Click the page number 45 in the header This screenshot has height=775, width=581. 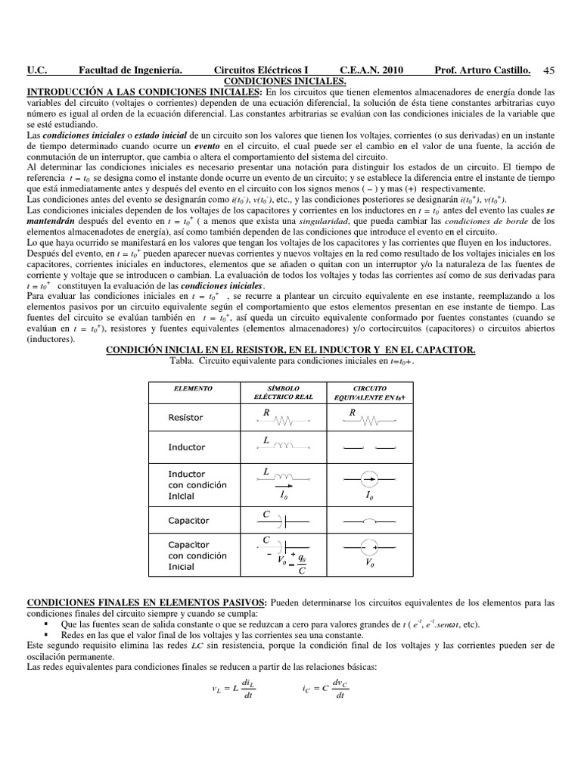[548, 71]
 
